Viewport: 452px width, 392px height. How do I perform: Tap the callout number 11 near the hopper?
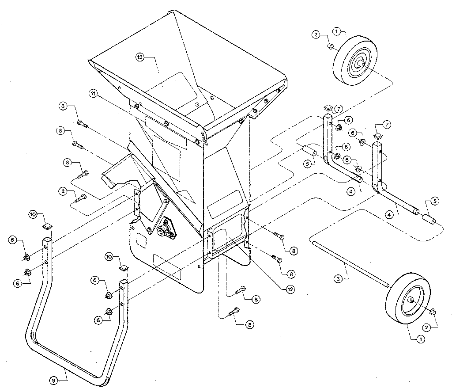pyautogui.click(x=93, y=93)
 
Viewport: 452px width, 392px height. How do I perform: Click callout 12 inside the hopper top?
pyautogui.click(x=140, y=57)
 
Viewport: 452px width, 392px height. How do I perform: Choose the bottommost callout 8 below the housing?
pyautogui.click(x=250, y=324)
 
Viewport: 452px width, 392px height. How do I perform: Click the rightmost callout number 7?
pyautogui.click(x=387, y=125)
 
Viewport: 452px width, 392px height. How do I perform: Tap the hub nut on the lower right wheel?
pyautogui.click(x=411, y=300)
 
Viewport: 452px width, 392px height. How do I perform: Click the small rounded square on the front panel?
pyautogui.click(x=142, y=240)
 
